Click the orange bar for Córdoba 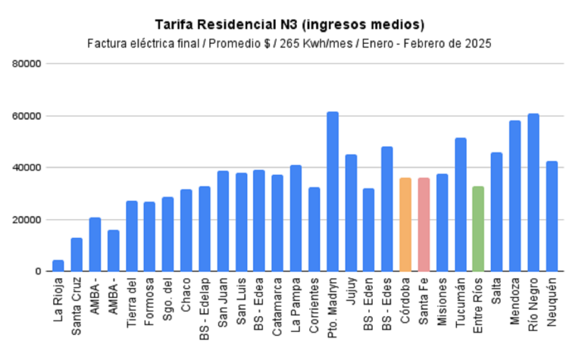pos(405,224)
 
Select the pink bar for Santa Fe pos(424,224)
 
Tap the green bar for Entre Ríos pos(478,228)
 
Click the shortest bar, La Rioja pos(58,265)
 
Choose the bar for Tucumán pos(460,205)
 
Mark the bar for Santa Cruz pos(77,255)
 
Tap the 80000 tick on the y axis pos(27,64)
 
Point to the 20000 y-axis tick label pos(27,220)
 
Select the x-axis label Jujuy pos(352,292)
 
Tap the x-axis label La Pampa pos(296,299)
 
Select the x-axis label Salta pos(497,291)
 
